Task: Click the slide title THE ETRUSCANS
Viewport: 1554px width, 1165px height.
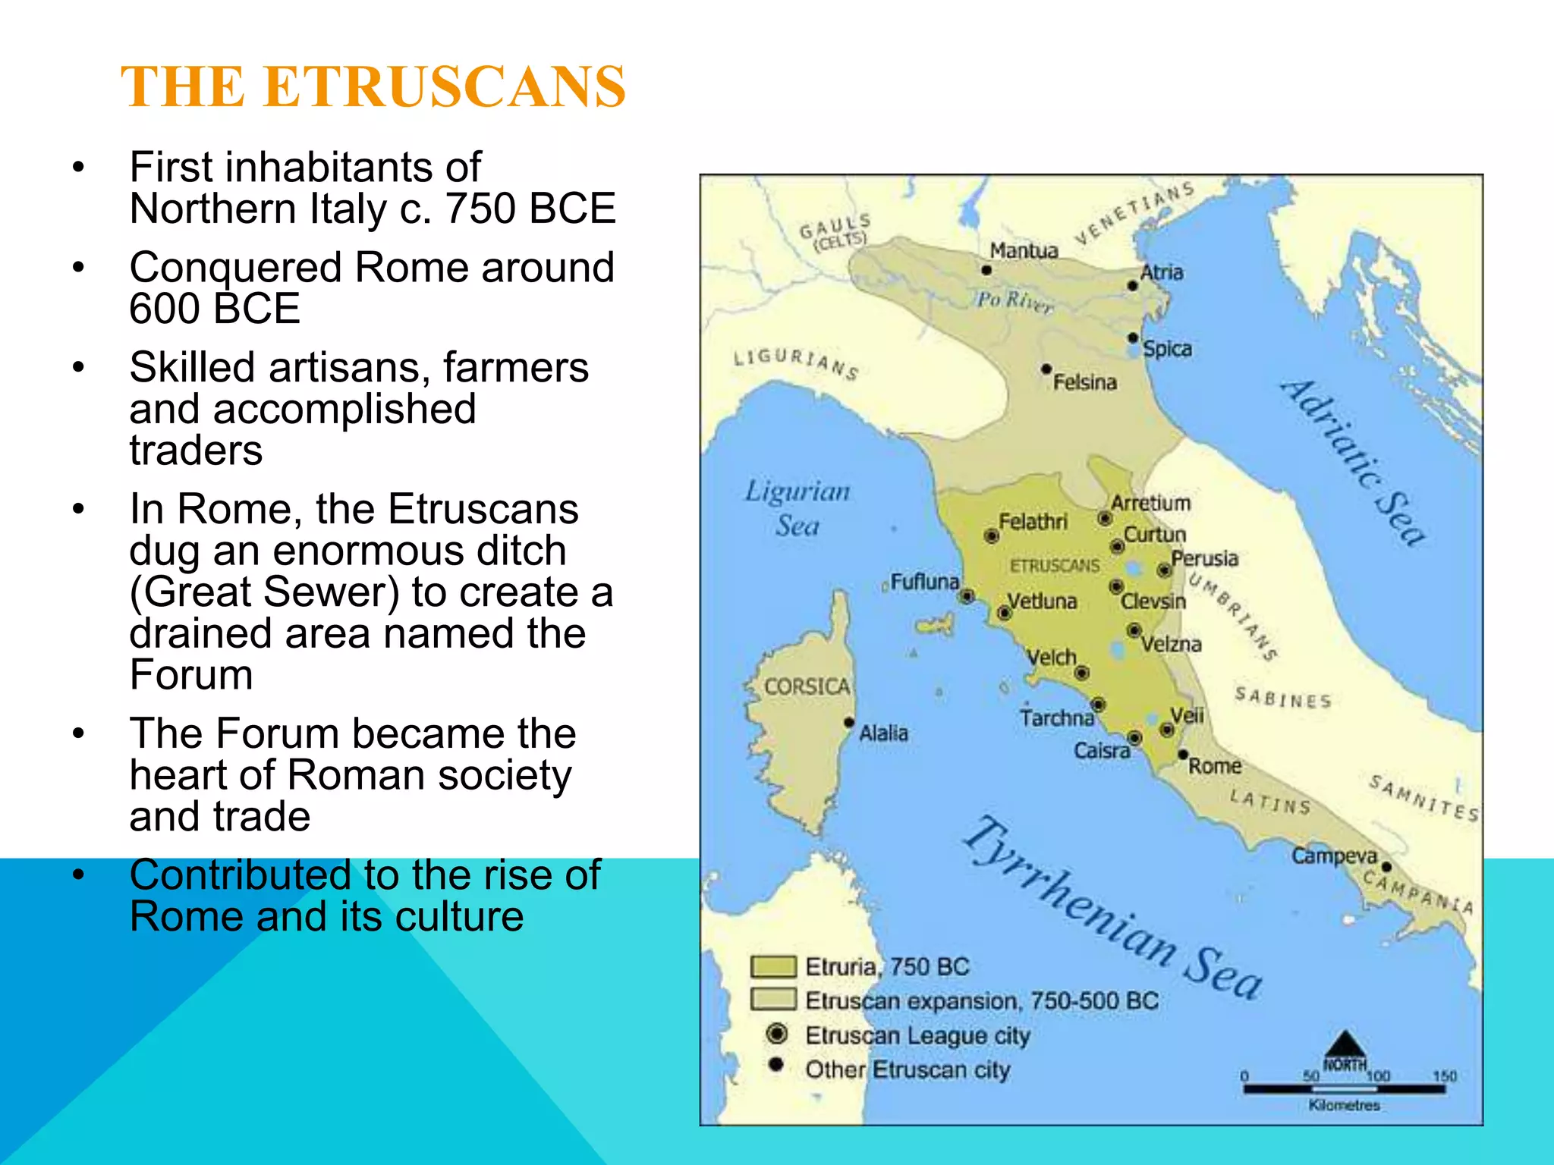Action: pos(373,86)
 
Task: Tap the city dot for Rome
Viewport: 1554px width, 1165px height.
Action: pos(1182,755)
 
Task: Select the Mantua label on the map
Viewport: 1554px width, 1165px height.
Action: pos(1024,250)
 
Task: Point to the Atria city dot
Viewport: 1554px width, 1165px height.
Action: pos(1132,286)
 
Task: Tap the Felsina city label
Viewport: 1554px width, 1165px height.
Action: pos(1084,382)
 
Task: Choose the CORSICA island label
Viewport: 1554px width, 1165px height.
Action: pos(807,686)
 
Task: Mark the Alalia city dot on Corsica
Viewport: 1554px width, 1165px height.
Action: pos(849,722)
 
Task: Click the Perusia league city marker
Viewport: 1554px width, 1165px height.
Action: pos(1164,570)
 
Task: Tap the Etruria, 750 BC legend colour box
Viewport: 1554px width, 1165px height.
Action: pos(773,966)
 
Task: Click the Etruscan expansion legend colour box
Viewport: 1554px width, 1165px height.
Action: pos(773,1000)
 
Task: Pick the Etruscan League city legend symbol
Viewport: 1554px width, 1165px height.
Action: pos(776,1034)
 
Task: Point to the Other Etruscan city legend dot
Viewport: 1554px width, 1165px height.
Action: pos(775,1065)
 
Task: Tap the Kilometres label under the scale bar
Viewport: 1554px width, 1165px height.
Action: pos(1344,1105)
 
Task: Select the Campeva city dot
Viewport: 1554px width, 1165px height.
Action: pos(1386,867)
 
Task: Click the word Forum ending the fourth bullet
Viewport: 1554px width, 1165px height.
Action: pos(191,674)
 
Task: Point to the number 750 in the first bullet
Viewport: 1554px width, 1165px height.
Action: pos(482,209)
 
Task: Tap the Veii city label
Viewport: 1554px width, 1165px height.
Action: pos(1187,715)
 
